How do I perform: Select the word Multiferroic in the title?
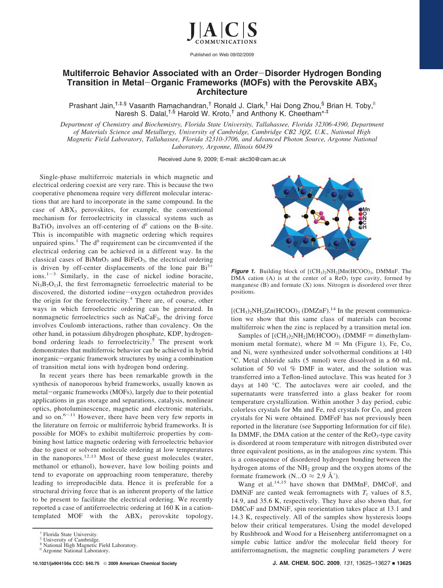pos(85,73)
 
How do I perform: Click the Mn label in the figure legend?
pos(366,209)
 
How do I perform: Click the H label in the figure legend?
pos(365,227)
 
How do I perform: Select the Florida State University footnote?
pos(70,534)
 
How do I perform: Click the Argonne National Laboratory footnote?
pos(76,551)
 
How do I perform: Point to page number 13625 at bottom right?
pos(404,564)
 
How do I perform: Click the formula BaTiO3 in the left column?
pos(44,227)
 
